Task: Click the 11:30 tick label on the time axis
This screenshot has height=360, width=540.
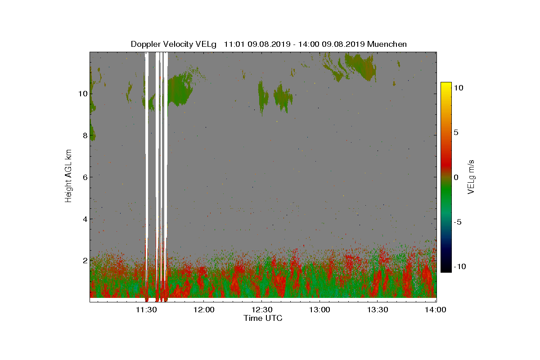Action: [x=146, y=310]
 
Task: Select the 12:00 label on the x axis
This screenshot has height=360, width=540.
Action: [x=204, y=310]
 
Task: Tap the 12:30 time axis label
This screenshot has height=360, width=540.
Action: [x=262, y=310]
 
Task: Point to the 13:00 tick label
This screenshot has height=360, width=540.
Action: [x=319, y=310]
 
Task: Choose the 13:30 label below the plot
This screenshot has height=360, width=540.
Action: [x=378, y=310]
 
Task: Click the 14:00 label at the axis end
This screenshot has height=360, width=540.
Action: [x=436, y=310]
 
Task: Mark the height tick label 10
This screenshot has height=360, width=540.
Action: [x=83, y=94]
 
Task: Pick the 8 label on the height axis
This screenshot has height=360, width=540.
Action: [x=85, y=135]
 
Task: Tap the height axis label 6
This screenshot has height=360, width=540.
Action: [x=85, y=177]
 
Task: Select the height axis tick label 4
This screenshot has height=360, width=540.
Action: [x=85, y=219]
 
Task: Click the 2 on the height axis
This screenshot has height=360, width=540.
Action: [x=85, y=261]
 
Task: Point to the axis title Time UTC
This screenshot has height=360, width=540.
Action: [x=263, y=318]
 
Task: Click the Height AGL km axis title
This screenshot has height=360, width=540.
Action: [x=68, y=176]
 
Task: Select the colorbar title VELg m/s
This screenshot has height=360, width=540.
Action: [x=471, y=177]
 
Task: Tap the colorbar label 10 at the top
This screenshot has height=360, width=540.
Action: [x=459, y=88]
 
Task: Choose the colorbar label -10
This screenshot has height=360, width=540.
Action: [x=460, y=266]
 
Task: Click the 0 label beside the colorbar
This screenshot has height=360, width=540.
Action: [x=456, y=177]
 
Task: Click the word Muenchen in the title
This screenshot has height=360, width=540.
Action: [x=387, y=44]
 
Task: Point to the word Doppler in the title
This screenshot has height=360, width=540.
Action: [x=146, y=44]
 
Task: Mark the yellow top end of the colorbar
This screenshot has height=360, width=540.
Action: [x=446, y=83]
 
